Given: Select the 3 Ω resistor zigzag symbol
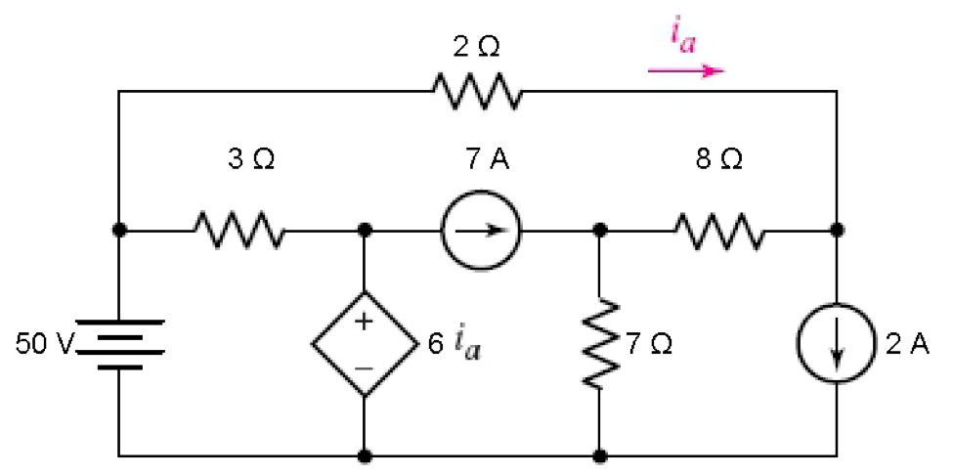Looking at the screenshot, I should (x=239, y=231).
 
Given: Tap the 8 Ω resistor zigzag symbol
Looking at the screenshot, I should (x=718, y=231).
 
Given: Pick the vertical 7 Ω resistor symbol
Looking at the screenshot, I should (x=599, y=344).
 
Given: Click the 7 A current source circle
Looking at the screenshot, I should (x=480, y=231).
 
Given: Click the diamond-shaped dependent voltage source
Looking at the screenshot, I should (x=364, y=344).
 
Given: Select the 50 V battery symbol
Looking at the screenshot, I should (x=119, y=344).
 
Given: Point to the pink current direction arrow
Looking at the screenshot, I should (x=686, y=70).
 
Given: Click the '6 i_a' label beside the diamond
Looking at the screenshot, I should (x=455, y=345).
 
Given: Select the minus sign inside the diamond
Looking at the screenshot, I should (x=364, y=367).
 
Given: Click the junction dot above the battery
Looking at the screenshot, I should (x=119, y=231).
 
